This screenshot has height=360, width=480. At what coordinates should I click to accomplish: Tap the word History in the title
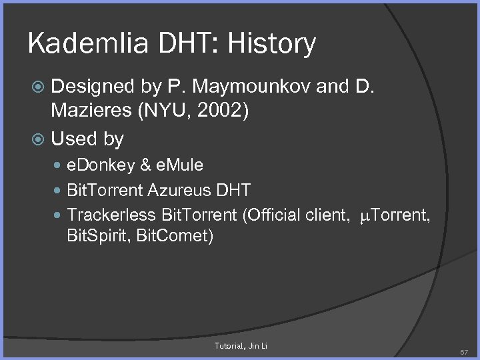click(x=271, y=44)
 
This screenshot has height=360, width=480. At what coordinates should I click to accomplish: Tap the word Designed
click(x=93, y=87)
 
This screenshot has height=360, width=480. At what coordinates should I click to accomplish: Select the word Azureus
click(x=180, y=190)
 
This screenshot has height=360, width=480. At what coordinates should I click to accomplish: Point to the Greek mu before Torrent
click(x=364, y=216)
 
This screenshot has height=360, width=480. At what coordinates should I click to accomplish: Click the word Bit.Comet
click(x=171, y=237)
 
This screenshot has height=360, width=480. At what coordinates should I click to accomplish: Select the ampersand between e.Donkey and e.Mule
click(x=145, y=165)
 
